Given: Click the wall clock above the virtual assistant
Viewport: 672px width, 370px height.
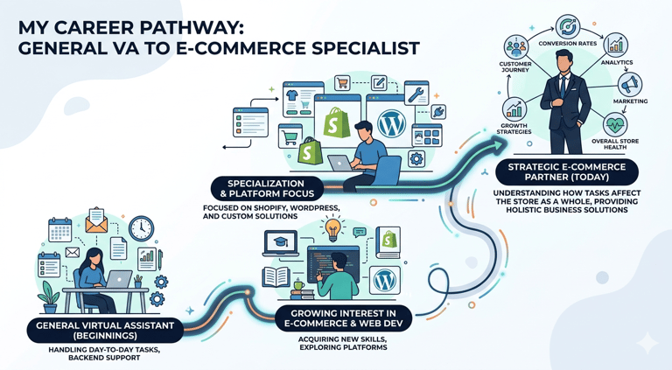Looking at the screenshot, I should (140, 229).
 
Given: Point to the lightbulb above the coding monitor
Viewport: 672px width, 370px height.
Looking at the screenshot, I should (332, 228).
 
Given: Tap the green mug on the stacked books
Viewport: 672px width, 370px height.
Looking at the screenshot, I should (297, 286).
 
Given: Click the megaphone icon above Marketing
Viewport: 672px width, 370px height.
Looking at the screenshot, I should (630, 84).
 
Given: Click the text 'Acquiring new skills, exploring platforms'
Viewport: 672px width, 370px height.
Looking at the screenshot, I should (337, 343).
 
